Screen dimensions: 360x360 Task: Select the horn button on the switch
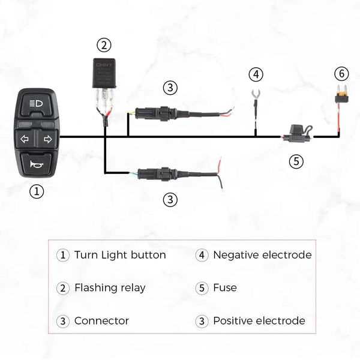[x=37, y=163]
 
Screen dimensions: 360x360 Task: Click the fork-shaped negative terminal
[x=256, y=95]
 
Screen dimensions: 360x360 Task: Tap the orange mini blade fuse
[x=341, y=95]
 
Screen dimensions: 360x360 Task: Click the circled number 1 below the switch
[x=37, y=191]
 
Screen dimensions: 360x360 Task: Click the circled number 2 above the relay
[x=104, y=44]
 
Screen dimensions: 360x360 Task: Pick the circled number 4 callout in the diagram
[x=256, y=74]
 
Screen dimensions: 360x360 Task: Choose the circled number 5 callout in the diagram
[x=296, y=161]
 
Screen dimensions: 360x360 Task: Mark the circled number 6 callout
[x=341, y=74]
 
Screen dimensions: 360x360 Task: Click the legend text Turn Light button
[x=120, y=255]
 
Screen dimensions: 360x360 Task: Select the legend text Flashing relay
[x=110, y=288]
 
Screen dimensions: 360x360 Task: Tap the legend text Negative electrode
[x=262, y=255]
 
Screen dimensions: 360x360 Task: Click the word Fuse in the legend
[x=225, y=288]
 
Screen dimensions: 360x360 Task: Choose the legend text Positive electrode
[x=259, y=321]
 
